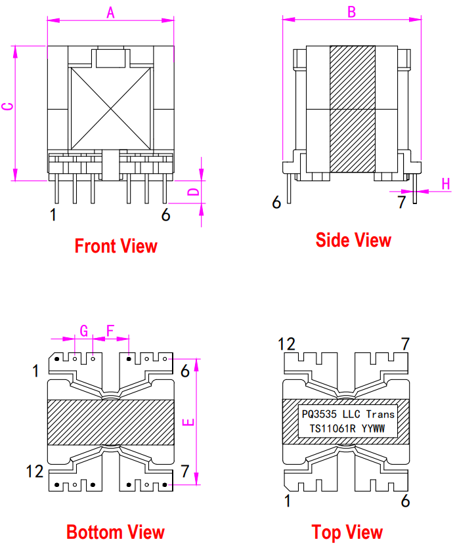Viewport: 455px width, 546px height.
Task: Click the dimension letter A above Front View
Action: click(x=110, y=11)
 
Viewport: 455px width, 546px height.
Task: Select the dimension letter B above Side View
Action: click(x=351, y=11)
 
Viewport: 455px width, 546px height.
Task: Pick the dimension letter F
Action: click(x=110, y=329)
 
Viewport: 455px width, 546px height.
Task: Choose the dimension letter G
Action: click(x=83, y=329)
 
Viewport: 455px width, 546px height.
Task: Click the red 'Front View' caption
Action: click(x=116, y=246)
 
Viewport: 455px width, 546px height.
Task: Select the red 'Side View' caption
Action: click(x=353, y=240)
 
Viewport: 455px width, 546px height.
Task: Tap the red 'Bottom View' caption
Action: click(x=115, y=532)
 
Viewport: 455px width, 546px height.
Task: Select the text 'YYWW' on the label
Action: click(x=378, y=429)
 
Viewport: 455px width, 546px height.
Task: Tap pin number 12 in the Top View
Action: click(x=287, y=343)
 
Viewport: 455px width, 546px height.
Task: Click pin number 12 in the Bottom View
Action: click(x=34, y=471)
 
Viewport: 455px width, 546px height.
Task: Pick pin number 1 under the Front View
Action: click(x=53, y=215)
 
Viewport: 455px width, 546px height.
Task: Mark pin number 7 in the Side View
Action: click(x=402, y=202)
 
